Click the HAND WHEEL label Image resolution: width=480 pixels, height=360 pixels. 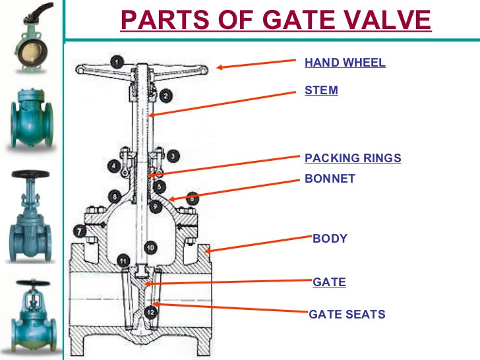pos(345,63)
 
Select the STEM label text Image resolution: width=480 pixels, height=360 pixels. pos(321,90)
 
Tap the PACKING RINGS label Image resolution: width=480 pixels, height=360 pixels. pos(353,158)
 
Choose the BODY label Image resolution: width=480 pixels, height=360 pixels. pos(330,239)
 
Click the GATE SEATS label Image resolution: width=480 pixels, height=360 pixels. pos(347,315)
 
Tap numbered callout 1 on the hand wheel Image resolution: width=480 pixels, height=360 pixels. pos(117,62)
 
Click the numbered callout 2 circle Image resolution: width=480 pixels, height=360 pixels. pos(165,96)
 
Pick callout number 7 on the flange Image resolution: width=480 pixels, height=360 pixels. pos(79,231)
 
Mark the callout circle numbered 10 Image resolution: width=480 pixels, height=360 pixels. pos(150,247)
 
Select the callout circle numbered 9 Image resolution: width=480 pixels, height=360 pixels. pos(155,206)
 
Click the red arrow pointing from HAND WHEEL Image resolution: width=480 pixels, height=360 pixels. pos(257,64)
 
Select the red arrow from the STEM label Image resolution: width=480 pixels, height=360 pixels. pos(224,102)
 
